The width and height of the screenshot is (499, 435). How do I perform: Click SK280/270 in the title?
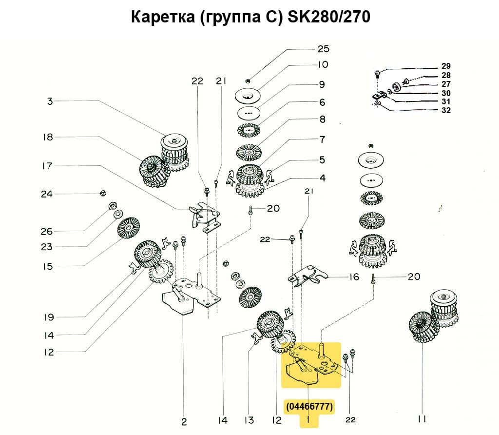(329, 17)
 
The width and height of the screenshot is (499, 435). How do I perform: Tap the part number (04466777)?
(310, 406)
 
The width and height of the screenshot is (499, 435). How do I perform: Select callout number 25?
(323, 49)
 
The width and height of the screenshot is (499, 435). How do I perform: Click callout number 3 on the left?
(50, 101)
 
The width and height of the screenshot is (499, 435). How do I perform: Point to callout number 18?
(47, 137)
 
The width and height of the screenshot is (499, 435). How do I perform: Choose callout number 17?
(47, 166)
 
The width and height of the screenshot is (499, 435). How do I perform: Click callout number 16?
(354, 277)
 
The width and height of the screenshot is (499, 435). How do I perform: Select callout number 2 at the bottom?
(184, 422)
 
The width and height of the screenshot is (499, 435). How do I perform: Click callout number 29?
(446, 66)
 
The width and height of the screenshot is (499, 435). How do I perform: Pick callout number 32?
(446, 110)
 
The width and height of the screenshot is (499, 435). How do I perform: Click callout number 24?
(47, 194)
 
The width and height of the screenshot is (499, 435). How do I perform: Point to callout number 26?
(47, 231)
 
